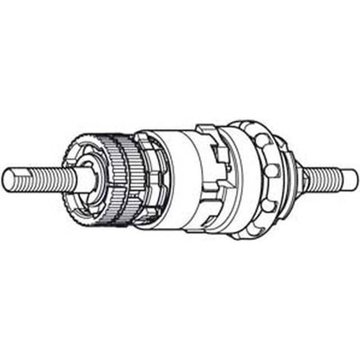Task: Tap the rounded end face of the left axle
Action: point(8,178)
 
